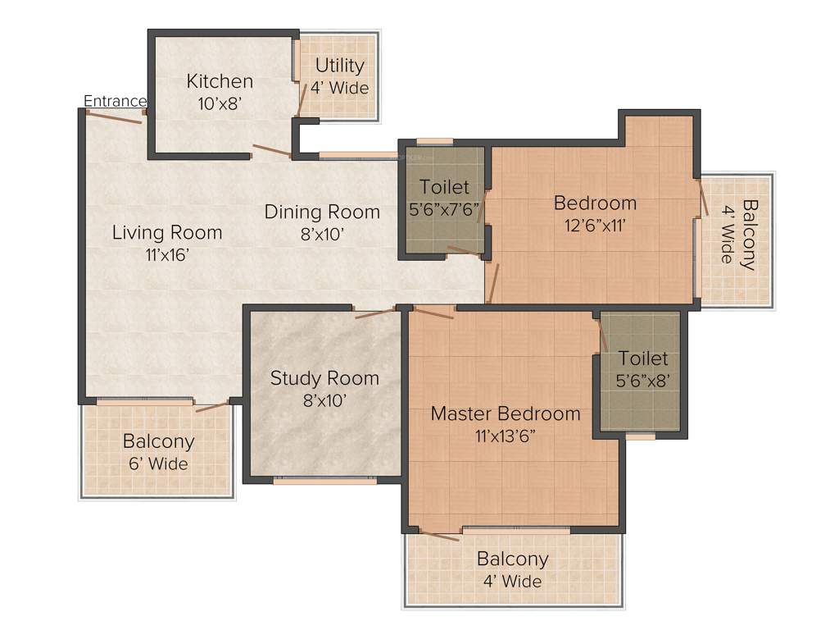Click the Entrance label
click(116, 101)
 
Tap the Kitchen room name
click(220, 81)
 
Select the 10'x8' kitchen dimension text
click(220, 103)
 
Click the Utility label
click(339, 66)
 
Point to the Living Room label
click(167, 232)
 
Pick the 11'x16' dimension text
click(167, 254)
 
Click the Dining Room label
click(322, 212)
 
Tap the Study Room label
click(324, 378)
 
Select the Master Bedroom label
click(506, 413)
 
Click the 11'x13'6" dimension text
click(506, 436)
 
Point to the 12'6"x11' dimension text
click(595, 225)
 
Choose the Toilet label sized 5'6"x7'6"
click(444, 187)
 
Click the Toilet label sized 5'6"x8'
click(643, 358)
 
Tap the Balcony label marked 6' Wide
click(158, 441)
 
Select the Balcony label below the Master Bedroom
click(512, 559)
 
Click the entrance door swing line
click(115, 117)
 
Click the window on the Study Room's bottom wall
click(324, 482)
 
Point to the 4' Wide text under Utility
click(339, 88)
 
